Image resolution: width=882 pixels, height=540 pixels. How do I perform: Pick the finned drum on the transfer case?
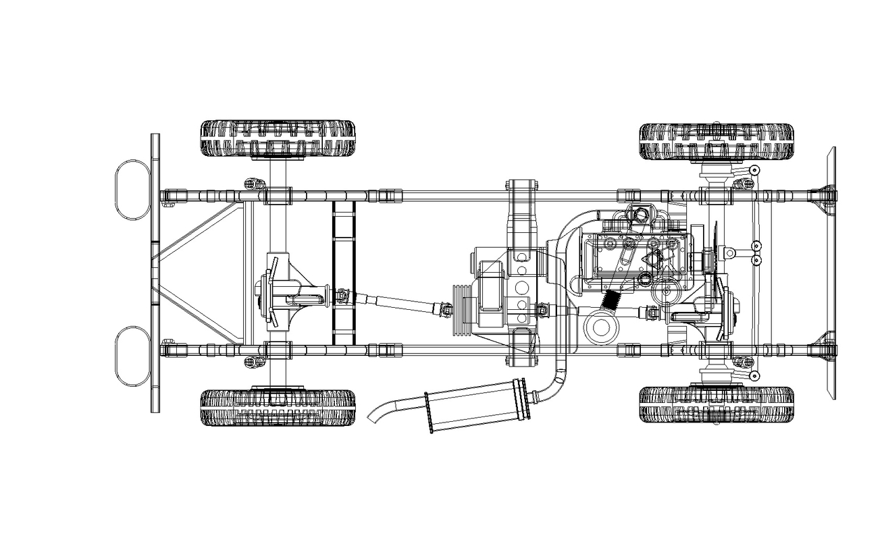click(x=461, y=310)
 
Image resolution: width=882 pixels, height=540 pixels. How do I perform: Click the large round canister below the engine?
click(x=600, y=327)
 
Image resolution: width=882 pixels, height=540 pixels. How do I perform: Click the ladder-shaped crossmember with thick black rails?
click(x=344, y=273)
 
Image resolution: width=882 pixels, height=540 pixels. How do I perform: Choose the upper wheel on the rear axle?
click(x=278, y=138)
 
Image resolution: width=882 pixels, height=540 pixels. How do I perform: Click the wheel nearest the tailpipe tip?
click(x=278, y=407)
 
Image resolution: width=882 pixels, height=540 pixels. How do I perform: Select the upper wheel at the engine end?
click(x=716, y=141)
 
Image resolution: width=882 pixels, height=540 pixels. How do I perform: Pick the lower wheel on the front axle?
click(x=716, y=404)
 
